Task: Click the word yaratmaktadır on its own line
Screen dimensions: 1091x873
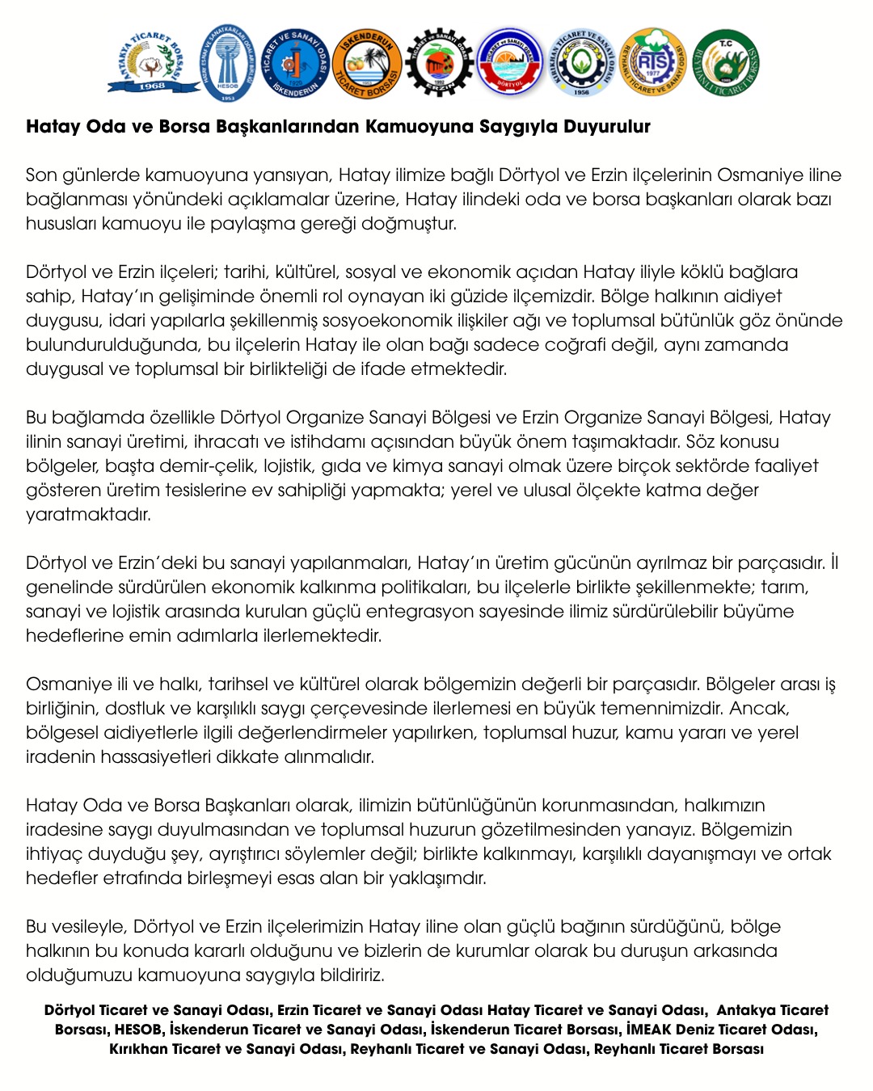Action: (88, 515)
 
